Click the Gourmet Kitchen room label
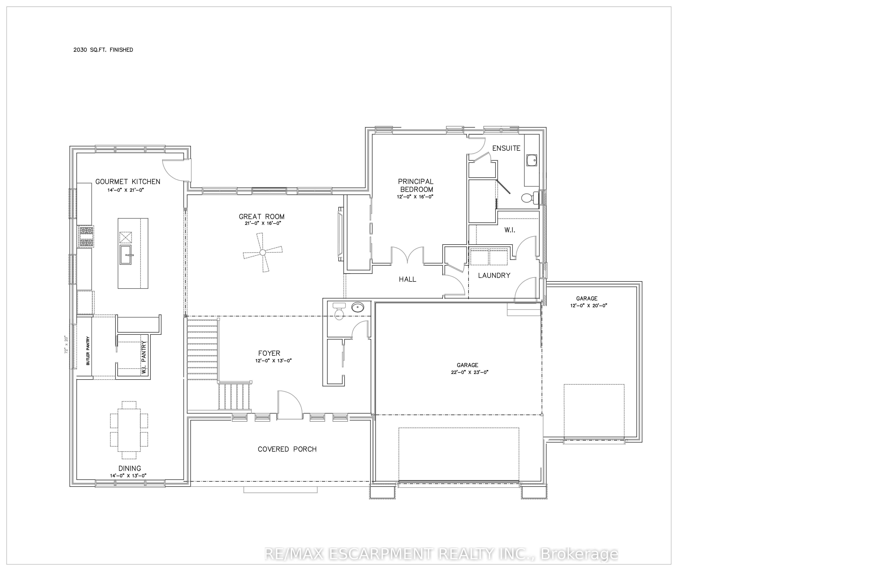pos(128,182)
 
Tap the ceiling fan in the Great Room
pos(262,252)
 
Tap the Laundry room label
pos(494,275)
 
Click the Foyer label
pos(269,353)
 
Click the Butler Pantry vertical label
pos(88,351)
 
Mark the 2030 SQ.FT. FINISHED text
pos(103,50)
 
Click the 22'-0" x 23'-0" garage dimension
pos(469,372)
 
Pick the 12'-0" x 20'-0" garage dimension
pos(588,306)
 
